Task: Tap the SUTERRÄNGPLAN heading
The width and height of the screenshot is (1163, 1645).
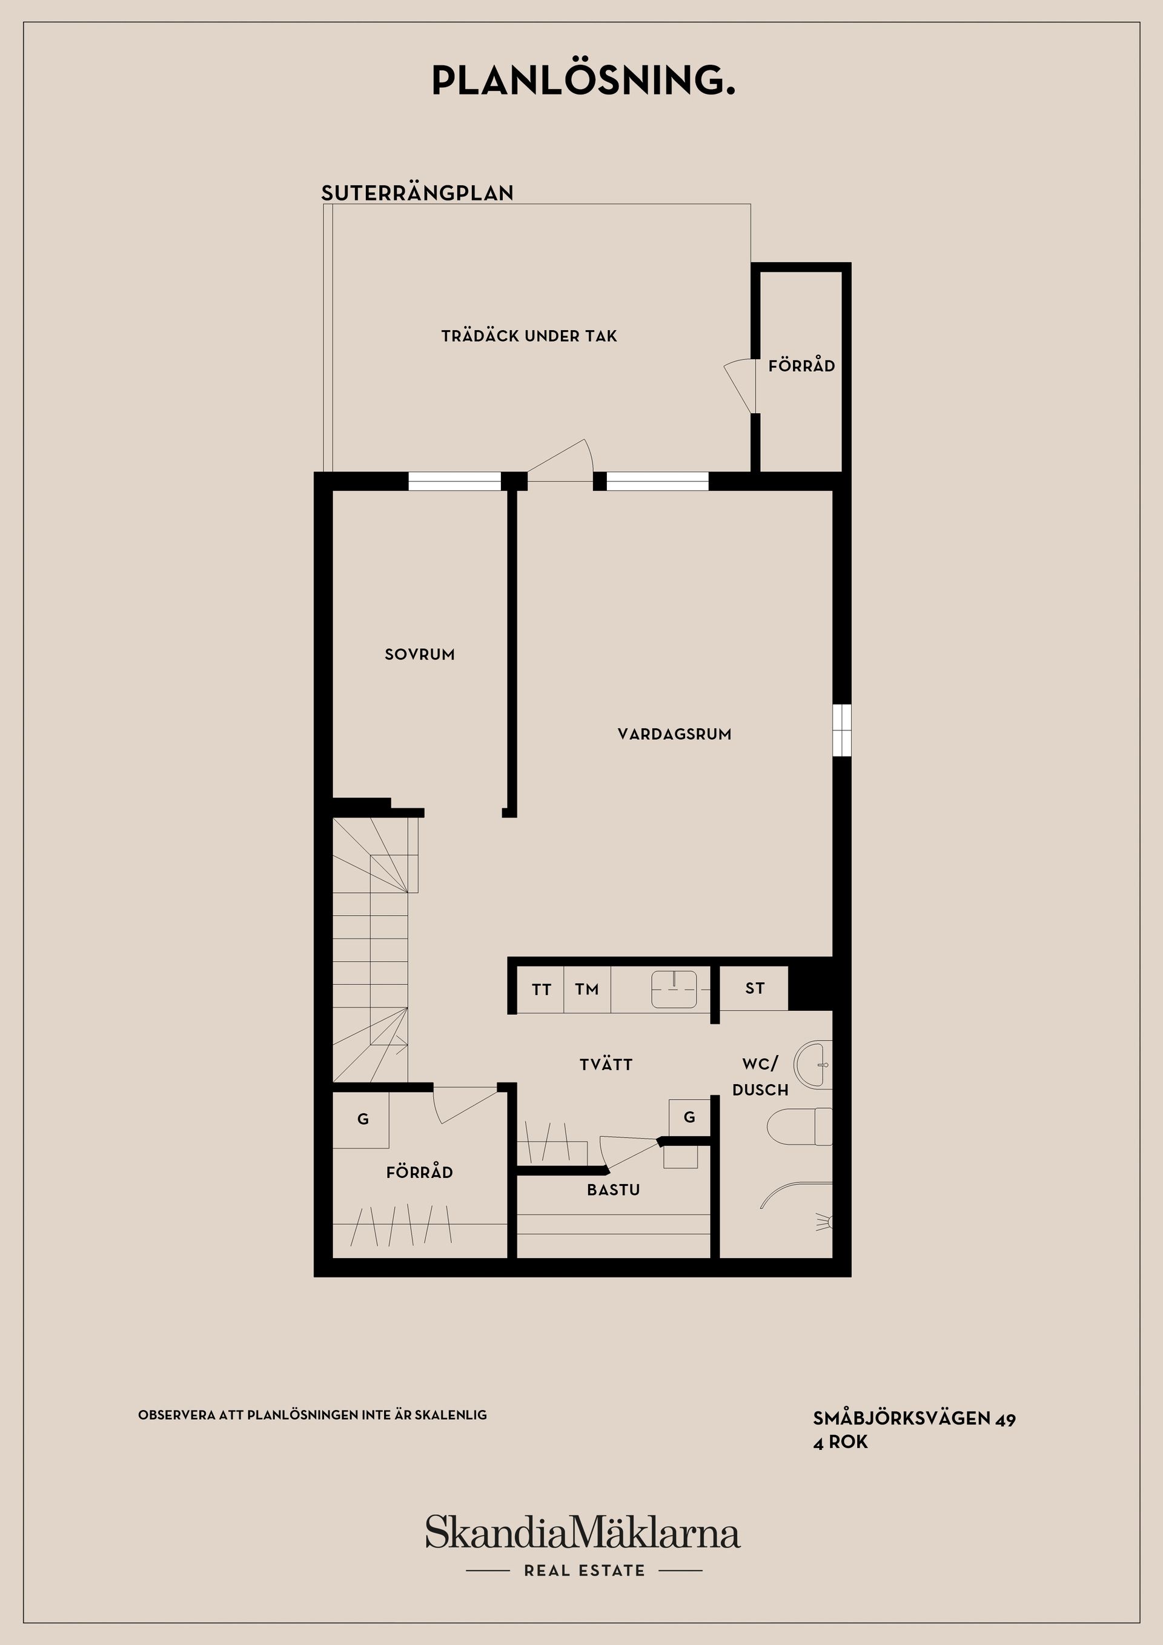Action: point(417,193)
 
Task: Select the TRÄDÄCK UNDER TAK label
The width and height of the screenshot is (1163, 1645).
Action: point(529,336)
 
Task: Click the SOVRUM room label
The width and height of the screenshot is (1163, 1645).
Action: point(419,654)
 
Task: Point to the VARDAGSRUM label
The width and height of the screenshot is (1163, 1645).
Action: point(674,733)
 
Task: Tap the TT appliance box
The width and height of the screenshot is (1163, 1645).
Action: point(541,990)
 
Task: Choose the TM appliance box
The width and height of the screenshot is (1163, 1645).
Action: point(587,990)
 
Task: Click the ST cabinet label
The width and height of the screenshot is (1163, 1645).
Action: point(754,988)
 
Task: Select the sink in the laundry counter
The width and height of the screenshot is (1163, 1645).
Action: point(674,990)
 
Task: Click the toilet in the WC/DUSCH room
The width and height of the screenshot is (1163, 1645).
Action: point(800,1127)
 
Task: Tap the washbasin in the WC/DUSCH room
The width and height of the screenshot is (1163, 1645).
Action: point(814,1065)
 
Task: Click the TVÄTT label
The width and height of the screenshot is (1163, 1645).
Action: point(606,1065)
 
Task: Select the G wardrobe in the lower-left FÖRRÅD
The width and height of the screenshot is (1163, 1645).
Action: point(363,1119)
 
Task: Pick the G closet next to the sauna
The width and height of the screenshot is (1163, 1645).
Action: point(689,1117)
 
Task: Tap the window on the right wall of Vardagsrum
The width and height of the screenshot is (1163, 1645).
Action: point(842,730)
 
